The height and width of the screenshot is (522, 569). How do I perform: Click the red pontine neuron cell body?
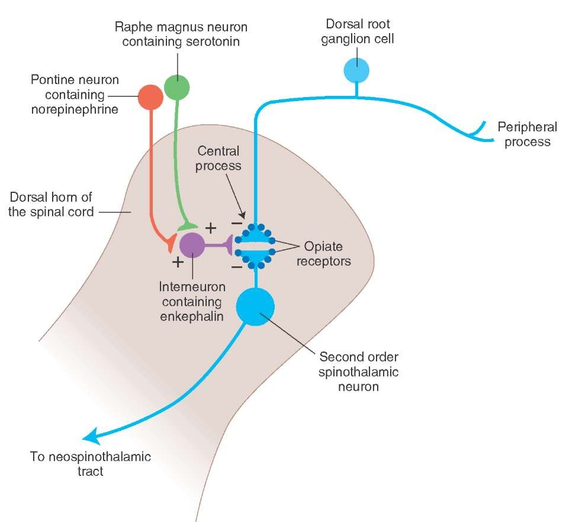coord(150,97)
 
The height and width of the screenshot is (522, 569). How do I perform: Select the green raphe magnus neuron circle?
coord(176,87)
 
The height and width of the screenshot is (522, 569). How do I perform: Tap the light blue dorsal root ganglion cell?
coord(356,70)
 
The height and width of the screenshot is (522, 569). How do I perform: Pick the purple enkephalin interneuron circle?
coord(192,245)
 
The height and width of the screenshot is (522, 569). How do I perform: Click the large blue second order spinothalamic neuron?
coord(255,307)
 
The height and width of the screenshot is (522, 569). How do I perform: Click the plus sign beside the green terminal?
coord(211,228)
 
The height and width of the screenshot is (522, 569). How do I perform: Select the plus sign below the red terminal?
coord(178,262)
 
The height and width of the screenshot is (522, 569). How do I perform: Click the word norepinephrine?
coord(75,109)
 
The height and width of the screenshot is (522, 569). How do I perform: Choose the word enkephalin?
coord(192,316)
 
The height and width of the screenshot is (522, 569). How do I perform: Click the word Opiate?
coord(323,247)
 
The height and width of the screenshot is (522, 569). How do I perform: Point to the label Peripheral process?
coord(528,134)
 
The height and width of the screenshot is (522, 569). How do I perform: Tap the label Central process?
coord(218,158)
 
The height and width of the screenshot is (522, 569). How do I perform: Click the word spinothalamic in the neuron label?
coord(359,372)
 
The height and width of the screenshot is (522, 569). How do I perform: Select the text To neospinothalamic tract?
coord(91,463)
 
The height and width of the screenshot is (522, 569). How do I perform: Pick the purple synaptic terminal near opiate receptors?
coord(229,245)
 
